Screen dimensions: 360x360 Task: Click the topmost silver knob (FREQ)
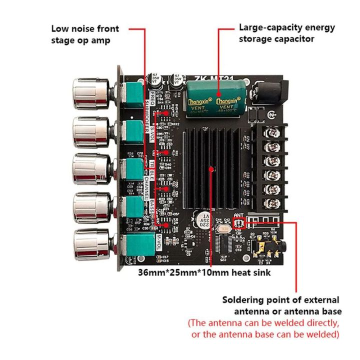[x=91, y=91]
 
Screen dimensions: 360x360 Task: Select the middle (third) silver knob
[x=91, y=169]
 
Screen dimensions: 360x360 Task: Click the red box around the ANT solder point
[x=239, y=222]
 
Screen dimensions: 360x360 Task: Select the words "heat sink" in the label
[x=253, y=272]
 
